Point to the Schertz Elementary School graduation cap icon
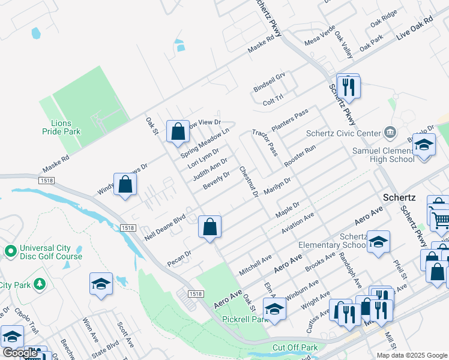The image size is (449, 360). [379, 242]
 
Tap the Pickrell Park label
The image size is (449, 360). [245, 320]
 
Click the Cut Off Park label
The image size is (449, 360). [295, 347]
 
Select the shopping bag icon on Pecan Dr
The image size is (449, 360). [210, 227]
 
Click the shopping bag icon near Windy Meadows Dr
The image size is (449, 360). [125, 185]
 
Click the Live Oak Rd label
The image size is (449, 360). [415, 28]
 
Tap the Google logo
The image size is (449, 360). [20, 353]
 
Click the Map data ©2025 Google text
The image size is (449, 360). [412, 355]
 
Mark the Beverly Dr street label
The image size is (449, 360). [217, 181]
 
